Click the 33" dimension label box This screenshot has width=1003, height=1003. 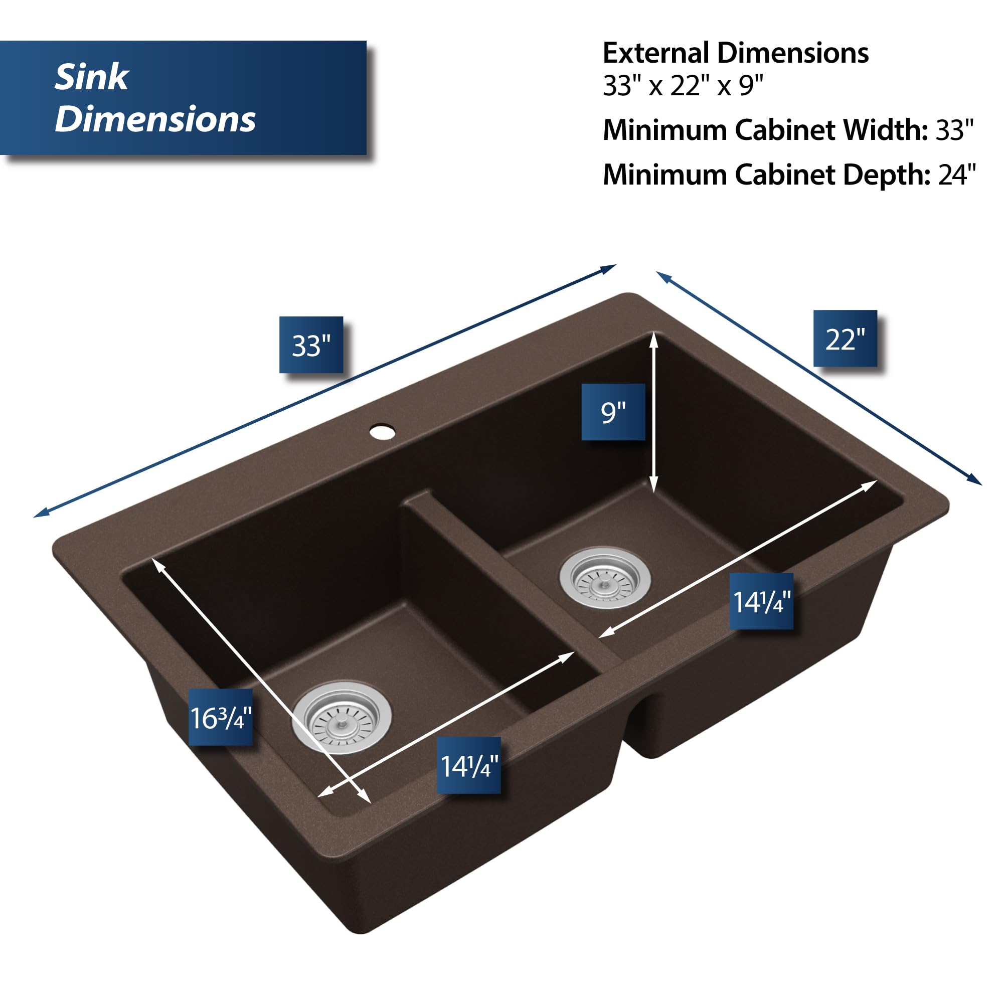pyautogui.click(x=311, y=345)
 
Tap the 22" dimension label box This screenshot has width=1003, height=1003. pyautogui.click(x=845, y=339)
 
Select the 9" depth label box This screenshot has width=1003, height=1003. pyautogui.click(x=613, y=412)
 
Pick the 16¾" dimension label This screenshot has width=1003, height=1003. pyautogui.click(x=221, y=717)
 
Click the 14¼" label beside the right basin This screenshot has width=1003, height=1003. pyautogui.click(x=761, y=601)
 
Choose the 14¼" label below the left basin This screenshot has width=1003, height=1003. pyautogui.click(x=469, y=765)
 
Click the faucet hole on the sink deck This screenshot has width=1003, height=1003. pyautogui.click(x=383, y=431)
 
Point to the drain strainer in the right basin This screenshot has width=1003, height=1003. pyautogui.click(x=605, y=578)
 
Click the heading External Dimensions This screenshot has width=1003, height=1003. pyautogui.click(x=735, y=53)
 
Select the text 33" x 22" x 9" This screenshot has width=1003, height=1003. pyautogui.click(x=683, y=85)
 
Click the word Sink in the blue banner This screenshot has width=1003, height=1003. pyautogui.click(x=91, y=77)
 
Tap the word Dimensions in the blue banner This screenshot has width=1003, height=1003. pyautogui.click(x=154, y=119)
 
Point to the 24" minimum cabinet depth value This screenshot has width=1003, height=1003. pyautogui.click(x=956, y=175)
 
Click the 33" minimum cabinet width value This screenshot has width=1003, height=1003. pyautogui.click(x=954, y=130)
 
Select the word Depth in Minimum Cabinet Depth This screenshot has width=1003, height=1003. pyautogui.click(x=886, y=175)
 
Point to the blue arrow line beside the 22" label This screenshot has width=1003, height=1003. pyautogui.click(x=819, y=378)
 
